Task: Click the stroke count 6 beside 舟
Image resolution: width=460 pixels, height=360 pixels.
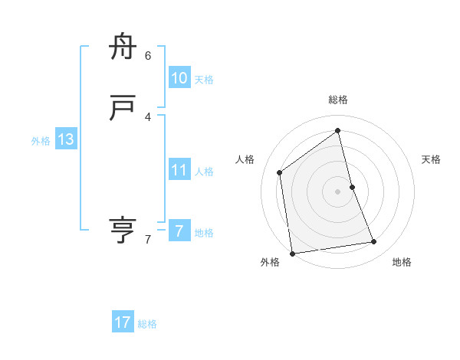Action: coord(148,55)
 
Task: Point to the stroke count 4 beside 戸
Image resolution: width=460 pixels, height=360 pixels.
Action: coord(148,116)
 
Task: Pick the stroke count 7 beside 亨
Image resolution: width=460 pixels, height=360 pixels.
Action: coord(148,240)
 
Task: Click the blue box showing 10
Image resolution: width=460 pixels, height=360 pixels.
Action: coord(179,78)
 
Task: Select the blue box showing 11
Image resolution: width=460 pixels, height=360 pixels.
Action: coord(179,170)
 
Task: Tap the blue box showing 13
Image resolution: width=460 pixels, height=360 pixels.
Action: coord(66,139)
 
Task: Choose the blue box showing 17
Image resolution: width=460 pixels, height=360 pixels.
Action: coord(123,322)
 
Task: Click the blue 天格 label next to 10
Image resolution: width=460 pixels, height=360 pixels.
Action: coord(204,80)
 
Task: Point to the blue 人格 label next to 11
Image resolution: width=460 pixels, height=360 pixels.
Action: coord(204,172)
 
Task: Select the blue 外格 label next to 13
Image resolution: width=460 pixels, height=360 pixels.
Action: coord(41,141)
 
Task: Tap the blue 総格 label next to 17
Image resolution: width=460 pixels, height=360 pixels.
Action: coord(147,324)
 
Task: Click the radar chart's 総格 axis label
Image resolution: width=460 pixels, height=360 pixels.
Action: coord(338,100)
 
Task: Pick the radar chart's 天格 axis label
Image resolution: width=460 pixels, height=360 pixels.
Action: coord(432,159)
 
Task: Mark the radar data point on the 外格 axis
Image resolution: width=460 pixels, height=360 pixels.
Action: coord(292,254)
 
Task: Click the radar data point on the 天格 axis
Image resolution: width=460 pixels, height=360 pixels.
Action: coord(352,187)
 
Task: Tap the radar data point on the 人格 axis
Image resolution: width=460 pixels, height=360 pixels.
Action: coord(280,172)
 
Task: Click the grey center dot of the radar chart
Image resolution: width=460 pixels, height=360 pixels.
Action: coord(338,191)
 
